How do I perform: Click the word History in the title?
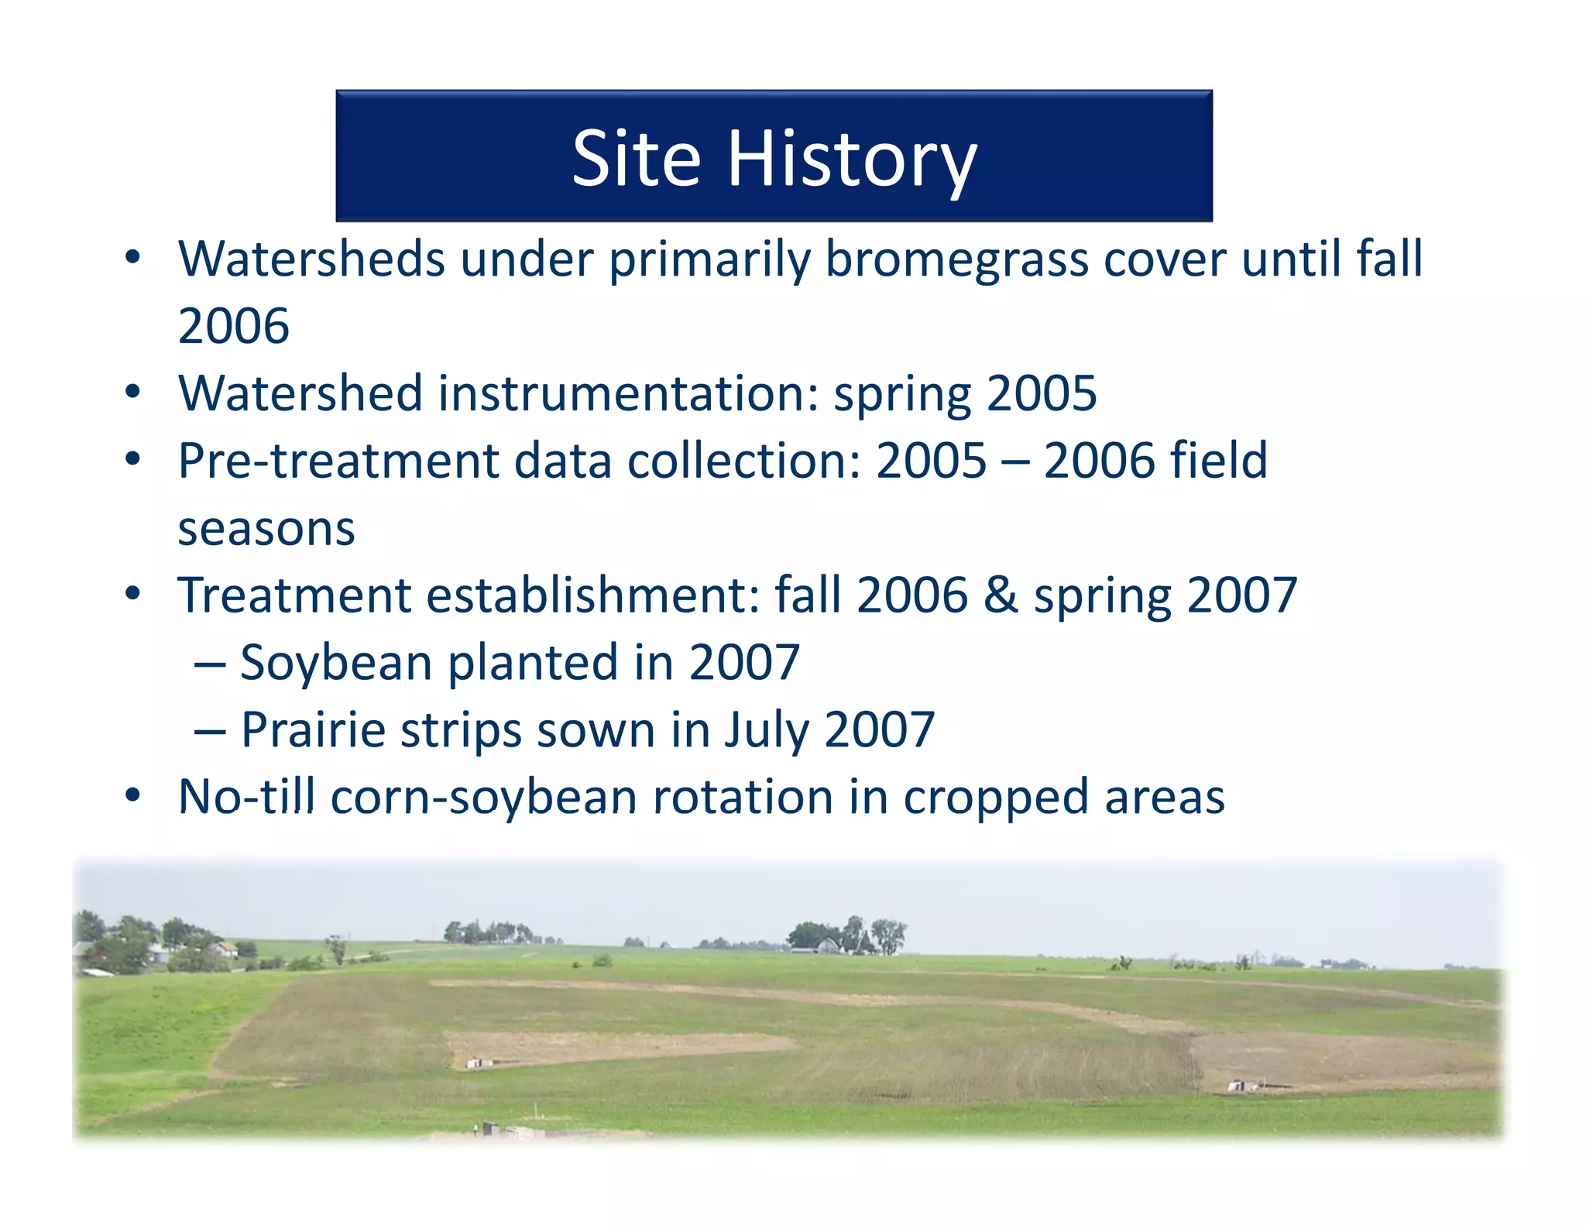click(x=852, y=159)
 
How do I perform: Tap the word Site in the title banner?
click(x=636, y=159)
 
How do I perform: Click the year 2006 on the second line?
click(x=233, y=325)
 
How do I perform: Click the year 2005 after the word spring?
click(x=1042, y=393)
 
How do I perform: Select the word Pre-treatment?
click(x=338, y=461)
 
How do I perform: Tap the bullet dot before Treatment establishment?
click(x=133, y=595)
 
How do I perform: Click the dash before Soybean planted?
click(x=210, y=664)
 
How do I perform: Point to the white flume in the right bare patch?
click(x=1241, y=1086)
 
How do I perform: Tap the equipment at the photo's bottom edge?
click(x=493, y=1128)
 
